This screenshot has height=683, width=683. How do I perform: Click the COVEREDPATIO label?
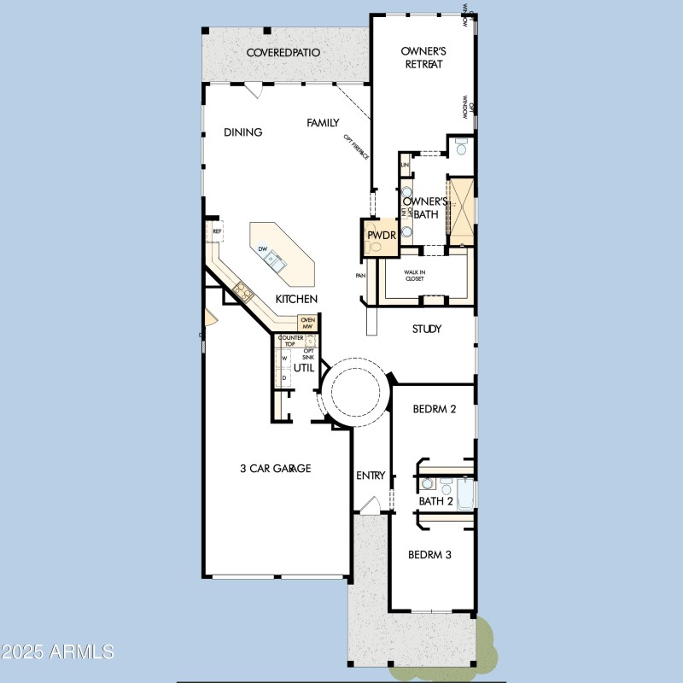click(x=283, y=53)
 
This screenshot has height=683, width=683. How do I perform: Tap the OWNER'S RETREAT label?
click(x=423, y=58)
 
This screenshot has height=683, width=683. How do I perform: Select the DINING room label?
click(x=242, y=132)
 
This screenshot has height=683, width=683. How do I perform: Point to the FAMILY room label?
click(x=324, y=123)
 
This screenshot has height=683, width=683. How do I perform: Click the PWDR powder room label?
click(x=379, y=235)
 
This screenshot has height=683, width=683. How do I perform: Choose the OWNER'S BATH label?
click(x=420, y=207)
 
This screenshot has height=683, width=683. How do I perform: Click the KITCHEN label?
click(x=296, y=299)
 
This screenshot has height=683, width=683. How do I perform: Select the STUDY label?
click(x=427, y=329)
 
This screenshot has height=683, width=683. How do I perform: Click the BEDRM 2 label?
click(x=435, y=409)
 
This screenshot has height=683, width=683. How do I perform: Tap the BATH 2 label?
click(x=435, y=501)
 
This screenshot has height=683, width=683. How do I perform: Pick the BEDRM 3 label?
click(x=429, y=554)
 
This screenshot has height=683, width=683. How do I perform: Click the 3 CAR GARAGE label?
click(x=274, y=468)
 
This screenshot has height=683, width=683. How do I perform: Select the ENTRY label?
click(x=371, y=476)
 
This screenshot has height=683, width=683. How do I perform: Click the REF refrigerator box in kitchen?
click(x=218, y=231)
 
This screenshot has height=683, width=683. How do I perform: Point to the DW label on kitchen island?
click(x=262, y=249)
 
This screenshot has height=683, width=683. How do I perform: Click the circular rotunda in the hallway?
click(x=353, y=392)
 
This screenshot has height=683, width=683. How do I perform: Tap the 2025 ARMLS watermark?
click(x=58, y=652)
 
